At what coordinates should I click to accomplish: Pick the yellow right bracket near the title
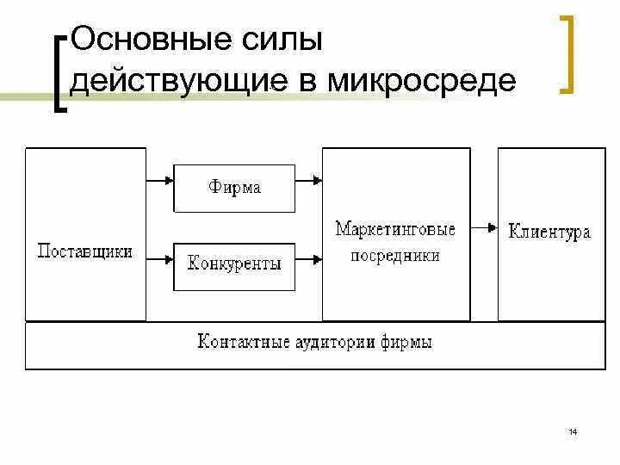(x=567, y=53)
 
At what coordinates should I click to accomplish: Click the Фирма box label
(x=234, y=187)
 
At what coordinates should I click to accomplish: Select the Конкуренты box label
(x=234, y=263)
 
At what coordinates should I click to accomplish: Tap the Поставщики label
(x=85, y=251)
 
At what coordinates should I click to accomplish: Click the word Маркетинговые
(x=395, y=229)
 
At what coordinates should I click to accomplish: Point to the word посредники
(x=395, y=255)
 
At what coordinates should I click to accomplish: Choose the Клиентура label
(x=549, y=232)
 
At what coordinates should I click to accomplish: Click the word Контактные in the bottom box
(x=240, y=342)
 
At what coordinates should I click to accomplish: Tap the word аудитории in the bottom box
(x=332, y=342)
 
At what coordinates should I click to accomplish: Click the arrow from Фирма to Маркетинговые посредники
(x=308, y=181)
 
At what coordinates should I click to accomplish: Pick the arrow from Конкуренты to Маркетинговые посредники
(x=308, y=257)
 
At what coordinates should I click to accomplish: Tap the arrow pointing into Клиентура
(x=484, y=227)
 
